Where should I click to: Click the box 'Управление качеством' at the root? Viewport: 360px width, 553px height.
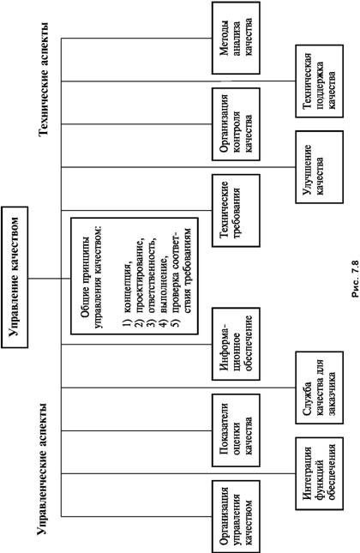click(15, 277)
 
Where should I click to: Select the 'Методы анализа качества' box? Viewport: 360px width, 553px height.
click(236, 38)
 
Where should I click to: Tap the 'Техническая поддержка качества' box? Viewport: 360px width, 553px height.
click(320, 81)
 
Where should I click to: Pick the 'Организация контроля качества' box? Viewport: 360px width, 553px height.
click(236, 124)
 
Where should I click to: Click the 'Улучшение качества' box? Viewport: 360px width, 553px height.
click(320, 167)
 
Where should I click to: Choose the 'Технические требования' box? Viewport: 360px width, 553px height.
click(236, 210)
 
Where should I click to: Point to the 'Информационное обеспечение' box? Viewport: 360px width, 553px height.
click(236, 344)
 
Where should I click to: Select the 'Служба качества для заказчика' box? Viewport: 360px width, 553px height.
click(320, 388)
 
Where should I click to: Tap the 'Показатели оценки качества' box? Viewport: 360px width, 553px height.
click(236, 430)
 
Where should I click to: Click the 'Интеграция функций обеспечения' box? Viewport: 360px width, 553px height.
click(320, 473)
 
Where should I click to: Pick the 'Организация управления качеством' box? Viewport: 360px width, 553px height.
click(236, 517)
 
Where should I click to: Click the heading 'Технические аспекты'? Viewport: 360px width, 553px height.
click(44, 80)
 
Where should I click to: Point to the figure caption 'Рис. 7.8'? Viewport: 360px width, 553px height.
click(355, 279)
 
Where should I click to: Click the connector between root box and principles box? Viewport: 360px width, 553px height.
click(50, 279)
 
